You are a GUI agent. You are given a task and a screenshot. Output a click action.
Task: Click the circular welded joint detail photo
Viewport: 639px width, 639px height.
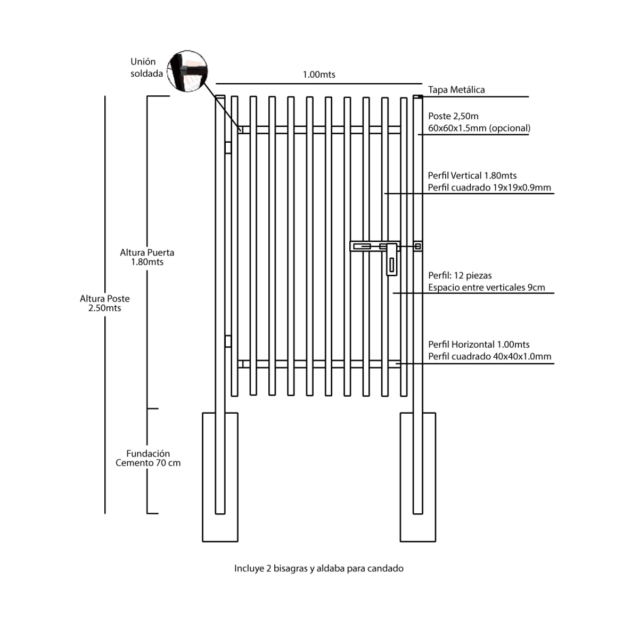pyautogui.click(x=187, y=71)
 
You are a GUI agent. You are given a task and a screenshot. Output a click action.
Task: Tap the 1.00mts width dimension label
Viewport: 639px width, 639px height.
pyautogui.click(x=319, y=75)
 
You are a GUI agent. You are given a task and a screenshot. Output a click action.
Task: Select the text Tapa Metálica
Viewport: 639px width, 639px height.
pyautogui.click(x=456, y=89)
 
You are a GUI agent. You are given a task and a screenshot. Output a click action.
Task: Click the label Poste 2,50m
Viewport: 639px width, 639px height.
pyautogui.click(x=453, y=116)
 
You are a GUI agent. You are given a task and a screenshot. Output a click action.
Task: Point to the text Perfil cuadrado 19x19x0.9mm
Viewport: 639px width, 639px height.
pyautogui.click(x=489, y=187)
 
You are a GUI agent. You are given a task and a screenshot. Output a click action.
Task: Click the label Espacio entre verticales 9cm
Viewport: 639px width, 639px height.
pyautogui.click(x=487, y=287)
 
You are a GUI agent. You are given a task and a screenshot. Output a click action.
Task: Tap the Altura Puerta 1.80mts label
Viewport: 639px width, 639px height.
pyautogui.click(x=147, y=257)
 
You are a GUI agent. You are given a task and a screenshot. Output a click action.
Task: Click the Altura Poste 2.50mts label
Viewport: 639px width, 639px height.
pyautogui.click(x=105, y=303)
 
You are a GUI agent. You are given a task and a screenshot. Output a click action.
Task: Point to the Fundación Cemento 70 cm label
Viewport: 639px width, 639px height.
pyautogui.click(x=148, y=458)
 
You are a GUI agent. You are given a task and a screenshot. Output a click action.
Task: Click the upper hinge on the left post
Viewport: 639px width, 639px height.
pyautogui.click(x=228, y=148)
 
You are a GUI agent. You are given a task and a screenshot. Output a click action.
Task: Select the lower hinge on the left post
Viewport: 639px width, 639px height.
pyautogui.click(x=228, y=341)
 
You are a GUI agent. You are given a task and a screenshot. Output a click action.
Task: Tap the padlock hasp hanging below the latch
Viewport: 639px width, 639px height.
pyautogui.click(x=391, y=260)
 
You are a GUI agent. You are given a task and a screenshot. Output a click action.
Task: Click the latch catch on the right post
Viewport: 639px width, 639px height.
pyautogui.click(x=418, y=246)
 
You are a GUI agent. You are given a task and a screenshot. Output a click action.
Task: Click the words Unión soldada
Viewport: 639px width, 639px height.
pyautogui.click(x=146, y=68)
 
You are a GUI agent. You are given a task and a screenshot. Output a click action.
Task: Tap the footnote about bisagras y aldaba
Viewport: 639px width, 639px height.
pyautogui.click(x=319, y=568)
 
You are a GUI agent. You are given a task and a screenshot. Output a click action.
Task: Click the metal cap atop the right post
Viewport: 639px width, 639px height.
pyautogui.click(x=418, y=96)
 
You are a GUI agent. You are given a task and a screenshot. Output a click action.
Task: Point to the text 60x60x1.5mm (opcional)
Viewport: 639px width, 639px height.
pyautogui.click(x=479, y=128)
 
